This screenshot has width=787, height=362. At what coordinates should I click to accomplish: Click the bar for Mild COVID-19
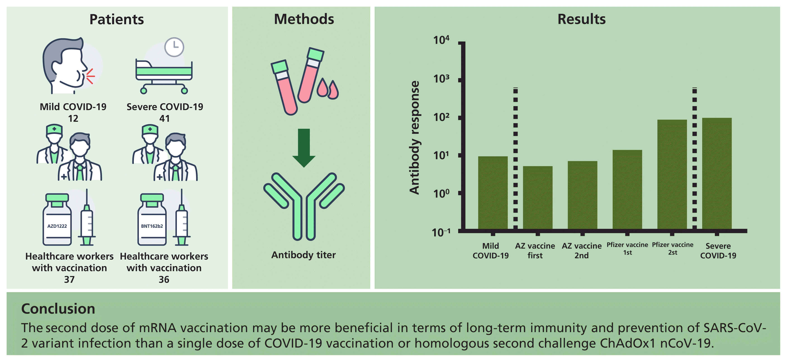(x=493, y=193)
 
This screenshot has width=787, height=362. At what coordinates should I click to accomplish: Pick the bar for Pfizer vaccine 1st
(x=627, y=189)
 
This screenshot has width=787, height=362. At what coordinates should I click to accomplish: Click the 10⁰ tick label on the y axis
(x=441, y=193)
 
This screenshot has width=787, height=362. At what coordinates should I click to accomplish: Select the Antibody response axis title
(x=415, y=138)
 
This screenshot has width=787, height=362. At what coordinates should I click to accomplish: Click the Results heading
(x=581, y=19)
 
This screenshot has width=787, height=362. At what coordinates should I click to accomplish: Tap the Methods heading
(x=304, y=19)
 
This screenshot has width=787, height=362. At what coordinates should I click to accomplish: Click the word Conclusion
(x=58, y=309)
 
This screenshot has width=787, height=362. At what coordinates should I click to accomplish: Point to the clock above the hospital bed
(x=174, y=47)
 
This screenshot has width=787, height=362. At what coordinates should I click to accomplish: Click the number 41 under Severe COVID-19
(x=164, y=118)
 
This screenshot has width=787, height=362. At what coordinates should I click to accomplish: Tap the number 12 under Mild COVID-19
(x=73, y=118)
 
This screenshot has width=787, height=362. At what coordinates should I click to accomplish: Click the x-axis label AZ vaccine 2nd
(x=581, y=250)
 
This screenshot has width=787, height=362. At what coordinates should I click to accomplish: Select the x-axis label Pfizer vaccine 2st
(x=672, y=249)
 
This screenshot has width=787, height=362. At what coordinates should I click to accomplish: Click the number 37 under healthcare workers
(x=69, y=279)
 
